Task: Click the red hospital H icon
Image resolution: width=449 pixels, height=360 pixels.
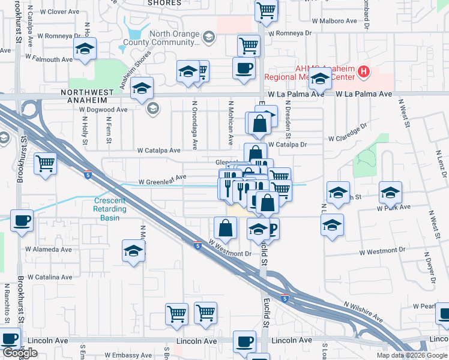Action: [363, 73]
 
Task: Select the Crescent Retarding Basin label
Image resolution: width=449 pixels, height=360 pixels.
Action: [110, 209]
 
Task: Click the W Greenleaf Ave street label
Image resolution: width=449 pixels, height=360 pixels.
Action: [162, 178]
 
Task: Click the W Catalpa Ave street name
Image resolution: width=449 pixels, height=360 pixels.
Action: [158, 151]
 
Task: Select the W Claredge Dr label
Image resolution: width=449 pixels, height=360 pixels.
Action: [347, 134]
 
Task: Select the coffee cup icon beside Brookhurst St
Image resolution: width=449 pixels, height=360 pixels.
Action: [21, 221]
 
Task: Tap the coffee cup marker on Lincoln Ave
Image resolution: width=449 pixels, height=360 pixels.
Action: [244, 341]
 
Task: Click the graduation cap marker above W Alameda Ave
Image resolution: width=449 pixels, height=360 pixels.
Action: [133, 250]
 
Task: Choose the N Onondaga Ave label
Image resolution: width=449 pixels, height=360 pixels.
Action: [194, 125]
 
